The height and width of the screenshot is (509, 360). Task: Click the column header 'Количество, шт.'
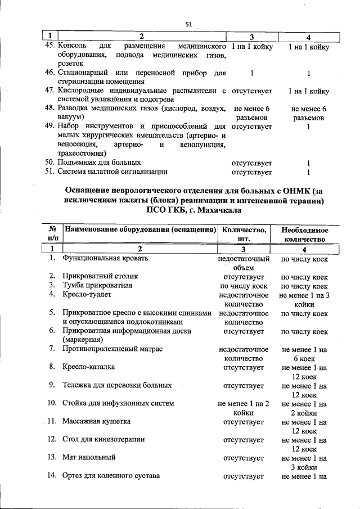click(244, 233)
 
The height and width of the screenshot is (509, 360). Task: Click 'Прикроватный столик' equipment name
click(100, 276)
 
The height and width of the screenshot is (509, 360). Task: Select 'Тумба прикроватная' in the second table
click(97, 285)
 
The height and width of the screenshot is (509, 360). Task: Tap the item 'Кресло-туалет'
click(87, 294)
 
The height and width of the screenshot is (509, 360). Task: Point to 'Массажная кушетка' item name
click(97, 421)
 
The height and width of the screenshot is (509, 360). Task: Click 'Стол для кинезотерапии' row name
click(104, 439)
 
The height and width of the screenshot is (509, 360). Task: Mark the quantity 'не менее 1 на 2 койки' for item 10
click(244, 408)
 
